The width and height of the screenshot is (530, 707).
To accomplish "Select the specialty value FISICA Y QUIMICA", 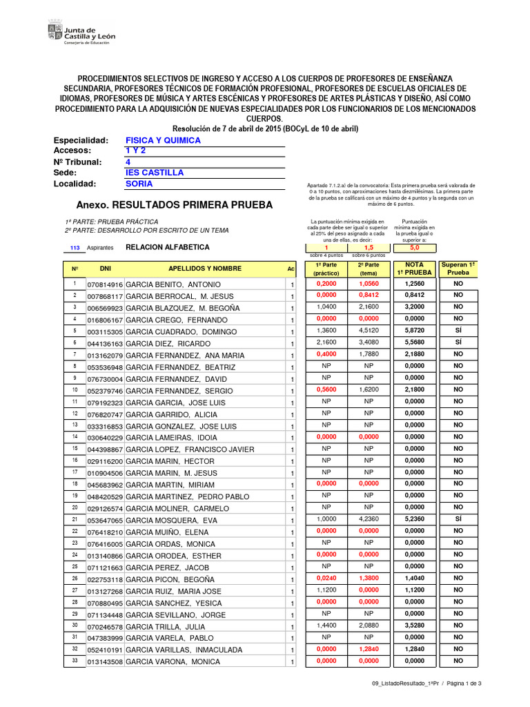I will (163, 140).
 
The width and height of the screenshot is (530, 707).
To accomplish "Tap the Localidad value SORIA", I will (139, 184).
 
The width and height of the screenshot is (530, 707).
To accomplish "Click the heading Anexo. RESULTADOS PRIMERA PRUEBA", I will (174, 205).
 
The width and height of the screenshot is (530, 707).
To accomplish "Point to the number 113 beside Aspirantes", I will (76, 247).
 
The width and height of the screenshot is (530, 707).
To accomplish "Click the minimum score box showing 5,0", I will (413, 247).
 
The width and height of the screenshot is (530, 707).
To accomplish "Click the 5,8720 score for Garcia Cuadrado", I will (413, 331).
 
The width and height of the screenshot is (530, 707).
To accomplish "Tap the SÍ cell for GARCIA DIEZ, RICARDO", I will (458, 343).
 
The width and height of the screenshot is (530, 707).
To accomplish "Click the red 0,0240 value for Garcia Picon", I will (326, 579).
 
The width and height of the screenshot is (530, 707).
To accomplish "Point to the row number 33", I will (74, 661).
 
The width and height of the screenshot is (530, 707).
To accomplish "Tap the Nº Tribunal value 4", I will (128, 162).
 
